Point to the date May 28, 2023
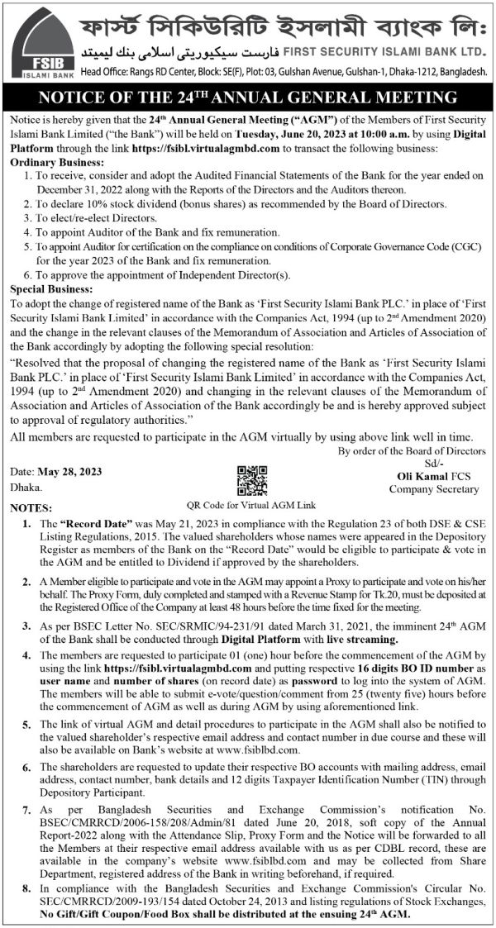coord(69,472)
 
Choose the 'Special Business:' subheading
coord(51,289)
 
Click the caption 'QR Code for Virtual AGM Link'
coord(252,504)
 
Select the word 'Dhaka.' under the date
coord(26,488)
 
